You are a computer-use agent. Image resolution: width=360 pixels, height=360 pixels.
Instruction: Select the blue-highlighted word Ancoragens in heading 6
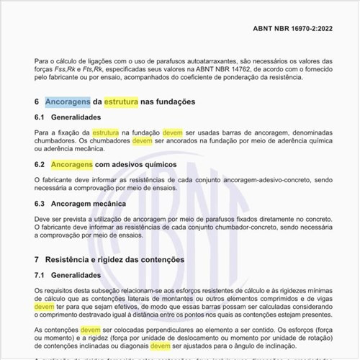point(68,102)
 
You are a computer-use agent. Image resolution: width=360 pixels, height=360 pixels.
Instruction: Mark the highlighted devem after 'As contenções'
point(91,329)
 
